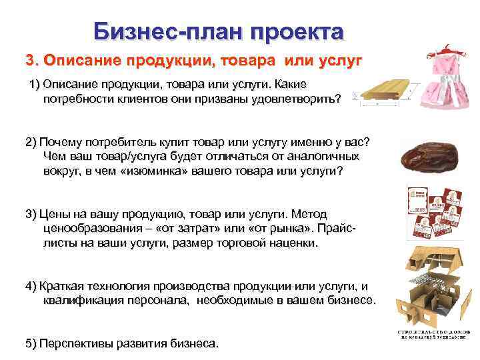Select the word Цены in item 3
tap(55, 214)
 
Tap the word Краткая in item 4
tap(61, 286)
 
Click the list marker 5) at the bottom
tap(31, 344)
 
